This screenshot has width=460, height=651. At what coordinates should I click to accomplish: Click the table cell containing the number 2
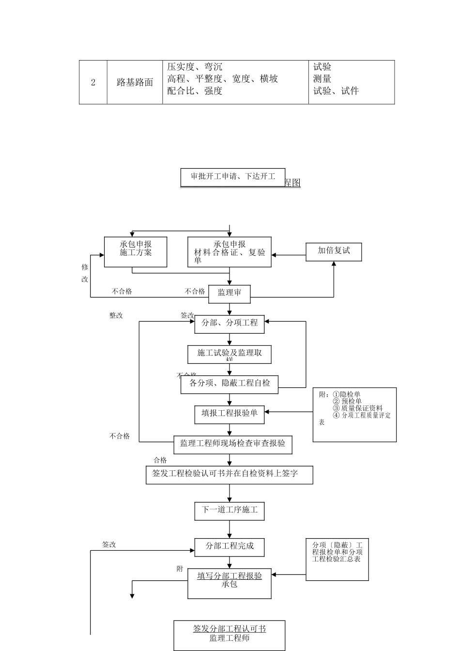(93, 82)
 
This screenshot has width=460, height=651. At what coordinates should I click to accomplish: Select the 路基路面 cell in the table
(135, 82)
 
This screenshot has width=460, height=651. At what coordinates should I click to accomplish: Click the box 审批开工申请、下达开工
(232, 177)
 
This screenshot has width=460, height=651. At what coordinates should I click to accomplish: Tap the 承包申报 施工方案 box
(136, 251)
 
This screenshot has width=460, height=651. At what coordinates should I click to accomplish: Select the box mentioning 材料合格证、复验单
(230, 252)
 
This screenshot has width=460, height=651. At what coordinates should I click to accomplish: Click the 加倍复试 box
(334, 251)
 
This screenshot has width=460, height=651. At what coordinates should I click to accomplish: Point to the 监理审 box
(230, 293)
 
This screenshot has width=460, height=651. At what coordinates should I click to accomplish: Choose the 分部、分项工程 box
(230, 324)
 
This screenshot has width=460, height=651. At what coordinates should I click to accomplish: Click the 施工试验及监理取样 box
(230, 354)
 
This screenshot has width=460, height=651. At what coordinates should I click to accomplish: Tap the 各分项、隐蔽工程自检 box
(230, 384)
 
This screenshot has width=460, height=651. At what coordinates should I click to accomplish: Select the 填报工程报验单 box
(230, 413)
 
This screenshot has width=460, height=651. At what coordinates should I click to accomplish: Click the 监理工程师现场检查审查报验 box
(233, 444)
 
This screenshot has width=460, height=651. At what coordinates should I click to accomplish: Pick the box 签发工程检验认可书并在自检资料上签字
(229, 474)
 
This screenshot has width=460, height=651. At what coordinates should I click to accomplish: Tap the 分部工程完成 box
(230, 546)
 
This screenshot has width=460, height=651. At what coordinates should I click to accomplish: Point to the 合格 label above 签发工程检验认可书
(160, 460)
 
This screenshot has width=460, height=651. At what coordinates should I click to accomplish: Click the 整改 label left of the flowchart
(116, 316)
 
